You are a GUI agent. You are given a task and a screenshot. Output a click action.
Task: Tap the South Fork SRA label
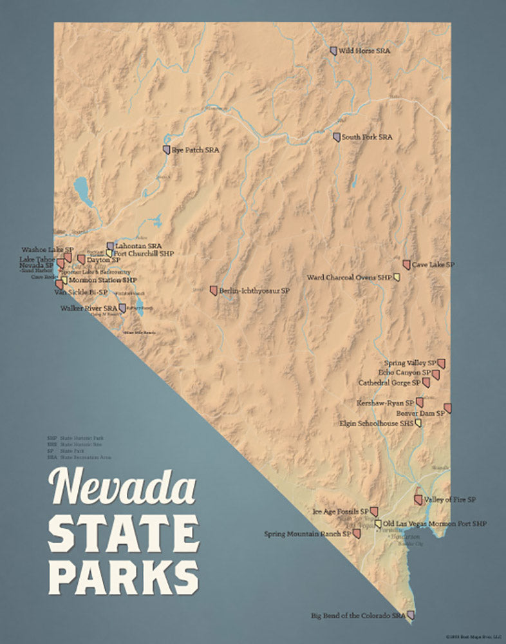(x=367, y=137)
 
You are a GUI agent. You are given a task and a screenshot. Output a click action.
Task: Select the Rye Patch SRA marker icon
(x=166, y=150)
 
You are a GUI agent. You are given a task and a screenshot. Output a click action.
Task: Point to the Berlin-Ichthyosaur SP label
(x=254, y=291)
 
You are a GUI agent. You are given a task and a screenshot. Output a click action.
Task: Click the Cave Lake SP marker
(x=406, y=265)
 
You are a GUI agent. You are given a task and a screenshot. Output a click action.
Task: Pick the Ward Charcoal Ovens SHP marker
(x=397, y=278)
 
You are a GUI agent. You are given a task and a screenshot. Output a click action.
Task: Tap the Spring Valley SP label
(x=410, y=363)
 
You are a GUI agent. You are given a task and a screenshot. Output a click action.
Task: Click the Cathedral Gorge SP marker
(x=426, y=383)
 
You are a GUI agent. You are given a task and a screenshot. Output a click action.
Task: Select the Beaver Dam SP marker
(x=447, y=408)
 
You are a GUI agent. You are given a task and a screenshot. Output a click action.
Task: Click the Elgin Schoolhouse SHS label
(x=376, y=424)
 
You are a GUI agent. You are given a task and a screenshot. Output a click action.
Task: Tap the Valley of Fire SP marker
(x=418, y=500)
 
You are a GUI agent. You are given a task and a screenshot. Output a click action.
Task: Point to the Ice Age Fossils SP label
(x=341, y=511)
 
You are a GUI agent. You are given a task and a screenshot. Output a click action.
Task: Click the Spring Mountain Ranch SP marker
(x=357, y=534)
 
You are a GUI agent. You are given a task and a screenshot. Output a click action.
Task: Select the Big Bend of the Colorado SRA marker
(x=411, y=616)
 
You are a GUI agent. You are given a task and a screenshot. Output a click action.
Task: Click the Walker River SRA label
(x=89, y=309)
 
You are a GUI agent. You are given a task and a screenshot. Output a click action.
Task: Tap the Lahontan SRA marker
(x=111, y=246)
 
